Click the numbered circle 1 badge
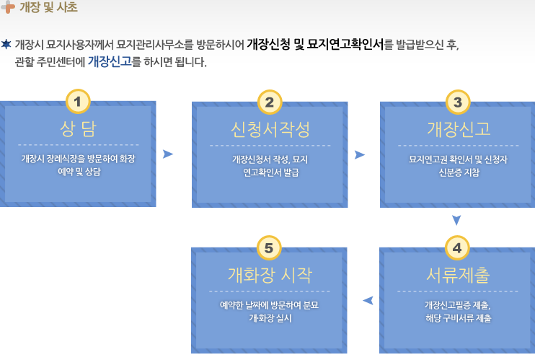tap(78, 102)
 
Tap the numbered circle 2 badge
tap(270, 102)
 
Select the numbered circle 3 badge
tap(458, 102)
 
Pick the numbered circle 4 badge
tap(457, 248)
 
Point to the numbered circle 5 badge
tap(269, 248)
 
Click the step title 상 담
tap(78, 129)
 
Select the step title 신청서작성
tap(270, 130)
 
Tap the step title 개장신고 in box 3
tap(459, 129)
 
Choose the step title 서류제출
tap(458, 276)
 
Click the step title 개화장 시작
tap(270, 276)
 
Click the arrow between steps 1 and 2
tap(167, 154)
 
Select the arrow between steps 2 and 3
tap(360, 154)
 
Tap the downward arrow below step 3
tap(456, 220)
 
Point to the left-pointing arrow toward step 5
tap(368, 301)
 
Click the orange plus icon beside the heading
tap(8, 6)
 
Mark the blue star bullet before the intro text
tap(6, 44)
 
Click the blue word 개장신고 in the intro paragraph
tap(110, 61)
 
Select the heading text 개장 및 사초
tap(48, 7)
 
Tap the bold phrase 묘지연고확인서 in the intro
tap(345, 44)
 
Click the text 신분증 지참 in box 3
tap(459, 172)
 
